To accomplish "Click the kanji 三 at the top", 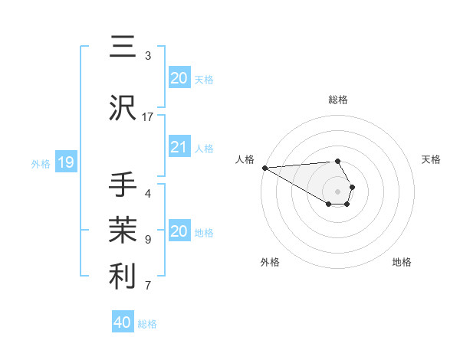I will [x=121, y=47].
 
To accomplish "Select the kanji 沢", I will [x=121, y=108].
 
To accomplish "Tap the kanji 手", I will [x=121, y=185].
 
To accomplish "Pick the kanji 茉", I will [x=121, y=230].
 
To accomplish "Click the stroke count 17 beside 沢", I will [x=148, y=116].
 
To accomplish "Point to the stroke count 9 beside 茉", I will [x=148, y=239].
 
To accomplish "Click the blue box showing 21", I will [x=179, y=148].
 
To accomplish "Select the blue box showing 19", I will [x=66, y=162].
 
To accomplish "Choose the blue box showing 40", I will [x=123, y=323].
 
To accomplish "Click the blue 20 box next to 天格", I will [x=179, y=78].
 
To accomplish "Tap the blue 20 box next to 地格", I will [x=179, y=232].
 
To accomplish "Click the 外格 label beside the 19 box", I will [x=41, y=163].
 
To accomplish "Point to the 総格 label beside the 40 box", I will [x=148, y=324].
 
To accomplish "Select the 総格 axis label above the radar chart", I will [x=337, y=100].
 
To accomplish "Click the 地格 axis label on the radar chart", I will [x=402, y=262].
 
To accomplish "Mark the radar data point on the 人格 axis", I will [x=264, y=168].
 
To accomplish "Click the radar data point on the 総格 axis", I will [x=337, y=161].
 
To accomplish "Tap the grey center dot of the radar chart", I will [x=337, y=191].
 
